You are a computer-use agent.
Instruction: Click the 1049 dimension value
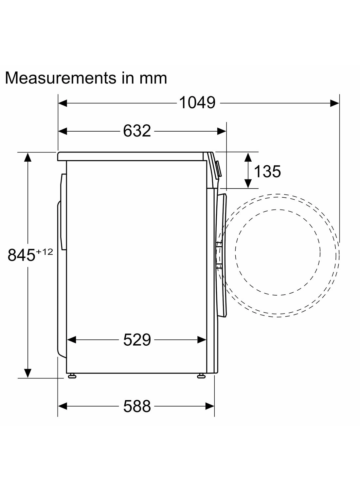tap(197, 103)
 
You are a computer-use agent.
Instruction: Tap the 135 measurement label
tap(267, 171)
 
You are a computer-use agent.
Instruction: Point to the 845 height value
tap(21, 255)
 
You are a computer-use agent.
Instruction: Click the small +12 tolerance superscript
tap(45, 251)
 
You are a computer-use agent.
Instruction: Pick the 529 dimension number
tap(137, 340)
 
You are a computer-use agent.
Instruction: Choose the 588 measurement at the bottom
tap(137, 407)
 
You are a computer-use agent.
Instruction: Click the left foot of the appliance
tap(72, 376)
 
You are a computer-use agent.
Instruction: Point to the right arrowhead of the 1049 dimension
tap(335, 103)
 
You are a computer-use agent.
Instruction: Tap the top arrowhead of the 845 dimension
tap(28, 157)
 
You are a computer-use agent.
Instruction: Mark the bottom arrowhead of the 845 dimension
tap(28, 373)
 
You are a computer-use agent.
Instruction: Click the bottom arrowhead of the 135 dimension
tap(248, 184)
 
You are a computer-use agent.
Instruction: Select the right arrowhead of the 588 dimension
tap(210, 407)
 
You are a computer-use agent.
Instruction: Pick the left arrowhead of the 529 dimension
tap(71, 340)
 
